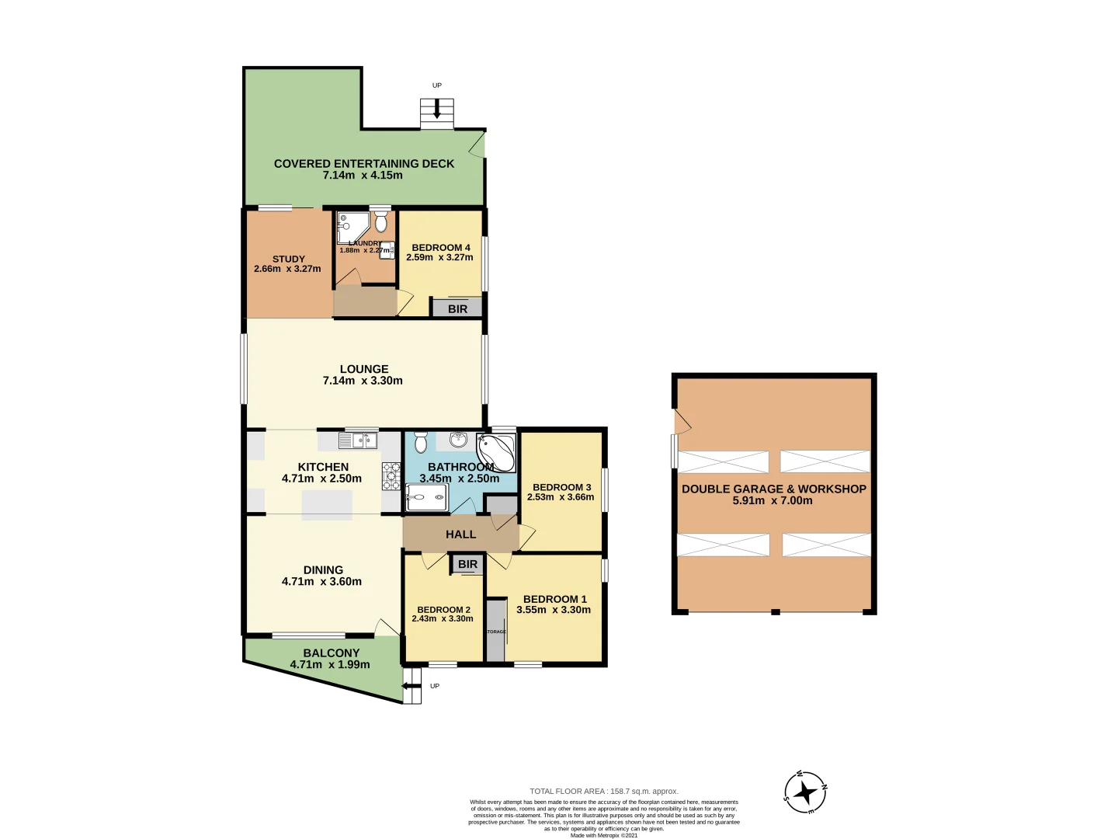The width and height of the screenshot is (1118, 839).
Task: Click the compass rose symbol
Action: (805, 792)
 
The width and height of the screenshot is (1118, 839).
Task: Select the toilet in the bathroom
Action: (421, 443)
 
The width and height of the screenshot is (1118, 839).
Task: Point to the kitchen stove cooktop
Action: (391, 475)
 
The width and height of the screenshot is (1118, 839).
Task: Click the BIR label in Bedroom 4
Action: (458, 308)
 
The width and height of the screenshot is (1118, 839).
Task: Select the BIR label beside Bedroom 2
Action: (467, 564)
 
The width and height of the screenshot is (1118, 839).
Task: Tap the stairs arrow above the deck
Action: (437, 111)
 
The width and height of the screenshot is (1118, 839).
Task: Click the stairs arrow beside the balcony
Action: (407, 686)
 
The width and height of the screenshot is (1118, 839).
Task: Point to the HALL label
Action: (460, 534)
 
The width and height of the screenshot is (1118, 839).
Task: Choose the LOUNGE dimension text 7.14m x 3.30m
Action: (363, 381)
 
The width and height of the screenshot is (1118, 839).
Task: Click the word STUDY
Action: (289, 259)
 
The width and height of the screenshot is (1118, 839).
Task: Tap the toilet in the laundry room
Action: (380, 224)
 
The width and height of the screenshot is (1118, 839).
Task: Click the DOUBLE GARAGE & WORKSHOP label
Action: (773, 489)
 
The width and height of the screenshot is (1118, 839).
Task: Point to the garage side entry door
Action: (682, 421)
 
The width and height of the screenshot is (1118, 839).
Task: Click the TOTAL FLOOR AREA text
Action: (603, 791)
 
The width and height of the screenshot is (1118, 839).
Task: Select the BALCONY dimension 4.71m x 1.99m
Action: (330, 665)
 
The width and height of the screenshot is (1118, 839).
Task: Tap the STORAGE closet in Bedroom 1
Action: (496, 631)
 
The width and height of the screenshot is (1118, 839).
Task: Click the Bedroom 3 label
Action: (561, 487)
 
